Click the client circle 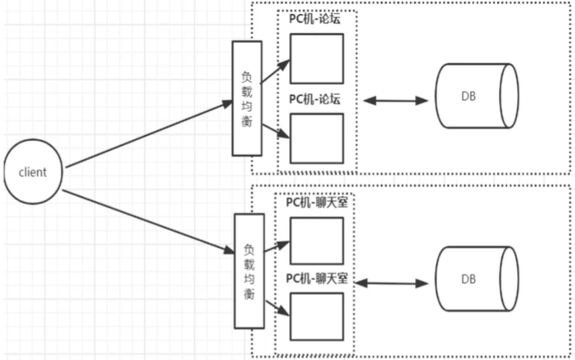point(33,173)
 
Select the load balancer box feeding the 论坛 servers point(247,98)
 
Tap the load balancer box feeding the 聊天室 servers point(249,271)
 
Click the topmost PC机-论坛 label point(315,19)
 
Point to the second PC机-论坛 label point(315,98)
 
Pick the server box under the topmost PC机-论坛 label point(316,59)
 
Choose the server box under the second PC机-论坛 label point(316,137)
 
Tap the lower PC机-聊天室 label point(316,279)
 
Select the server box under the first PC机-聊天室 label point(316,240)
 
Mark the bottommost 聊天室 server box point(316,316)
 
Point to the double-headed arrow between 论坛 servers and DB point(396,100)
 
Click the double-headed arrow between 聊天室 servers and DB point(396,281)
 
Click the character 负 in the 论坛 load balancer point(247,76)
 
